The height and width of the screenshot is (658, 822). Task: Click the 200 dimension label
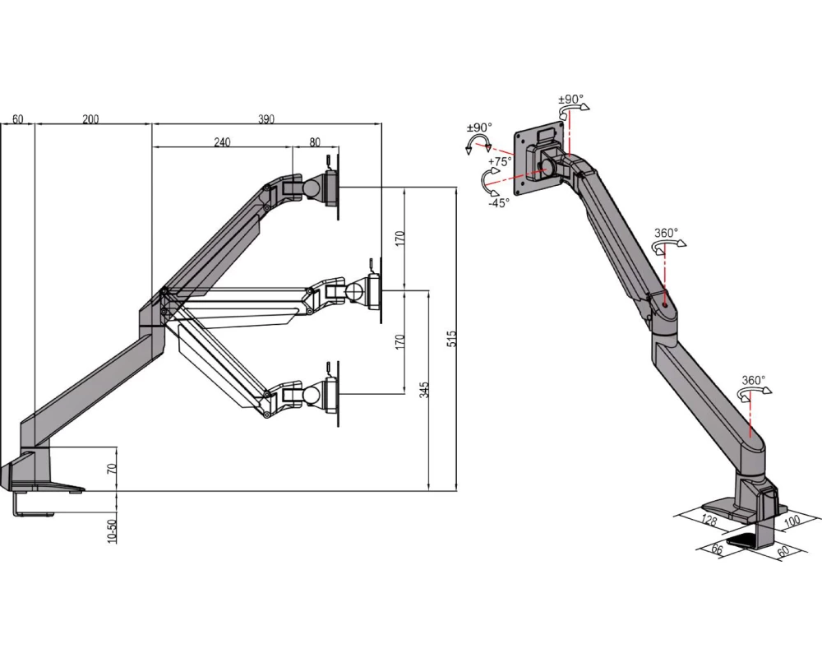[x=90, y=119]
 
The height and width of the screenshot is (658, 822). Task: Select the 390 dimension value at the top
[x=266, y=119]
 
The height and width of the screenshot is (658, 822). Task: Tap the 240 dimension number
[x=222, y=142]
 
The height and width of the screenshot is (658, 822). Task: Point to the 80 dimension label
[x=315, y=142]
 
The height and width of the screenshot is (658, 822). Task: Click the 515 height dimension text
[x=452, y=338]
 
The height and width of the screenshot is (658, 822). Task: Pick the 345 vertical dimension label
[x=424, y=389]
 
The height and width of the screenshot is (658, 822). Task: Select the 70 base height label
[x=111, y=469]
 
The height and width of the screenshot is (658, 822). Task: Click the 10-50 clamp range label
[x=111, y=531]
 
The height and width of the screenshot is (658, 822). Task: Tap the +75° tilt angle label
[x=500, y=161]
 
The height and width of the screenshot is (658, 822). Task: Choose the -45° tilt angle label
[x=499, y=203]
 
